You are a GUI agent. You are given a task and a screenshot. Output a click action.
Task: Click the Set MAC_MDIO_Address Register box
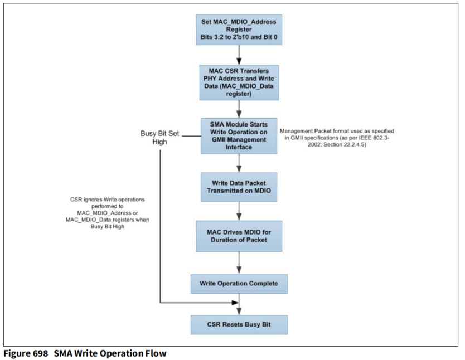point(239,30)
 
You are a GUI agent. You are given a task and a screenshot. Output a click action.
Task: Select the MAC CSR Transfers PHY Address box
point(239,82)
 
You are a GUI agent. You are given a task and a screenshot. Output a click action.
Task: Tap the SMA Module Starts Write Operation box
point(239,136)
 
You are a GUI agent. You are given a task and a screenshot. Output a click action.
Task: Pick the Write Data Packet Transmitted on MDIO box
point(239,187)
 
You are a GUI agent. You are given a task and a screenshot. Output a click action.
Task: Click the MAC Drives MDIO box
point(239,236)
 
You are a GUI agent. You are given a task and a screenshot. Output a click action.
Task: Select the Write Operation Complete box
point(239,284)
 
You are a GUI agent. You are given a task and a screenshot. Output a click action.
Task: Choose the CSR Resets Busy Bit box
point(239,325)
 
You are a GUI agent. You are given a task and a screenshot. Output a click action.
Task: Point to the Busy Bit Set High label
point(159,138)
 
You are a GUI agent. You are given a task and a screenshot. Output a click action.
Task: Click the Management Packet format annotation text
point(337,138)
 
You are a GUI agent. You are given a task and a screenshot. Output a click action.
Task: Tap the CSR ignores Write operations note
point(108,213)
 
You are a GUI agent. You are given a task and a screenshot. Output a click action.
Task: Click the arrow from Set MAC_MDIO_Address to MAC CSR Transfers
point(239,55)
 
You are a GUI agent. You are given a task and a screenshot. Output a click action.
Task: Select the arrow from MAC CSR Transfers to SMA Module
point(239,109)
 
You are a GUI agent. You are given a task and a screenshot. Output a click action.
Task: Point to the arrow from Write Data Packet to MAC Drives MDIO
point(239,211)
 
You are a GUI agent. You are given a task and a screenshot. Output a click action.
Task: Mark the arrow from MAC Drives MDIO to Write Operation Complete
point(239,263)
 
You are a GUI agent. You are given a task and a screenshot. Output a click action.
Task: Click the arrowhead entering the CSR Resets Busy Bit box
point(239,312)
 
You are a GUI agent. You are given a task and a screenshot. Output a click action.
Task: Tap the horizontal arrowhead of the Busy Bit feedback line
point(235,303)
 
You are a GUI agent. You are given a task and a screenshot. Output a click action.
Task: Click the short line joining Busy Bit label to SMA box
point(191,136)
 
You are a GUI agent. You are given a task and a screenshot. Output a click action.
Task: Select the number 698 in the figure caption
point(40,353)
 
